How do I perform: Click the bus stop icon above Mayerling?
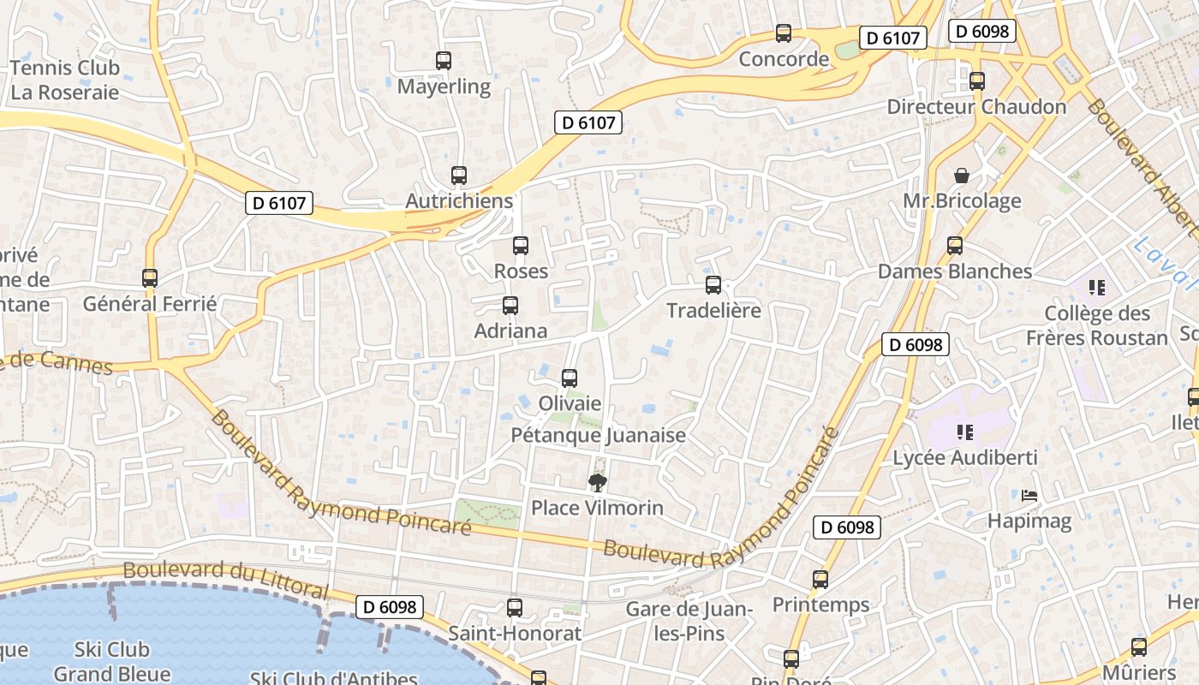[x=443, y=61]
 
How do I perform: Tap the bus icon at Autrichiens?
[x=459, y=176]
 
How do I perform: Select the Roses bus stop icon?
[x=521, y=246]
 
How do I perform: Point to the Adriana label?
[x=510, y=331]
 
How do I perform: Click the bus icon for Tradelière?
[x=713, y=285]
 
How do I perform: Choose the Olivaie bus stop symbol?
[x=570, y=378]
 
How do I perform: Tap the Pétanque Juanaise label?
[x=599, y=435]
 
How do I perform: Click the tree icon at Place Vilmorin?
[x=598, y=483]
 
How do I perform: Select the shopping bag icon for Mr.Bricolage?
[x=962, y=176]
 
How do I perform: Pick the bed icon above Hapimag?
[x=1029, y=496]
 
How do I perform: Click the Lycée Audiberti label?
[x=965, y=457]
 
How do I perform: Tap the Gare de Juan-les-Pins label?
[x=689, y=622]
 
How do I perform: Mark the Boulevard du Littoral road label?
[x=225, y=580]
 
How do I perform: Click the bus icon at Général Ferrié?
[x=150, y=278]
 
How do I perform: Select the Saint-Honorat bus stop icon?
[x=515, y=608]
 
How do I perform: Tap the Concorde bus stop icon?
[x=784, y=33]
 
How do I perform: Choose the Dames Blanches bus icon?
[x=955, y=246]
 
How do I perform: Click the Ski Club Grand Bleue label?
[x=111, y=661]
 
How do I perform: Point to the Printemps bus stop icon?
[x=820, y=580]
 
